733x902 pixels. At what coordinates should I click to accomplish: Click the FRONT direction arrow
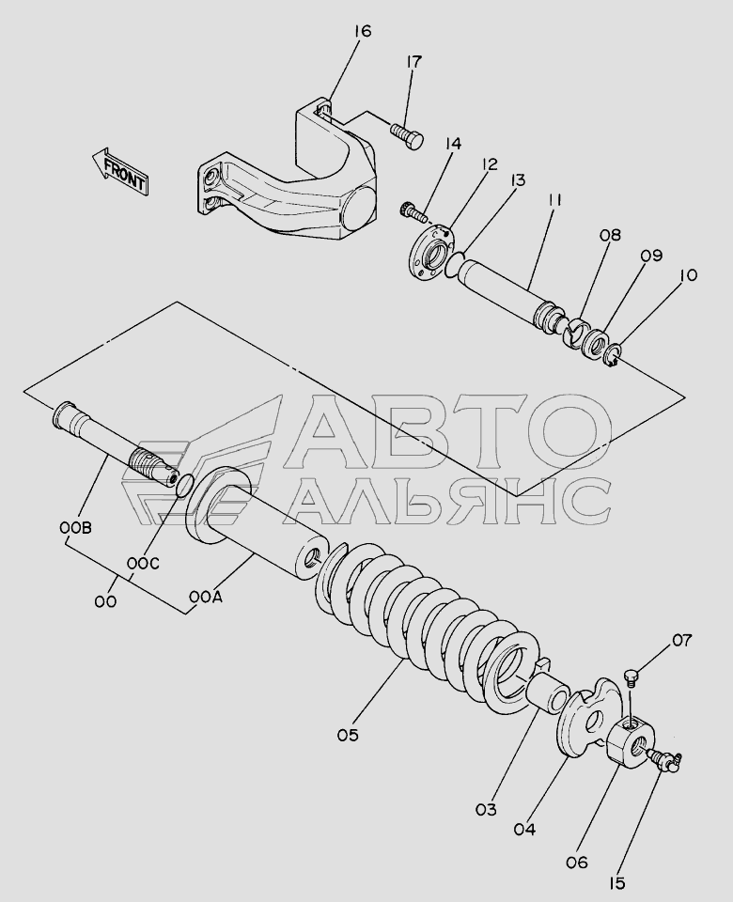pos(119,170)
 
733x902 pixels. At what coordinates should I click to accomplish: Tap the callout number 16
pos(362,30)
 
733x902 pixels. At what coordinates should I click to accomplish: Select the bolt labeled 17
pos(407,134)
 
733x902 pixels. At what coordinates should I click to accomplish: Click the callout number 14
pos(452,143)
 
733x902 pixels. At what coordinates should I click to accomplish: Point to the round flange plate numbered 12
pos(431,251)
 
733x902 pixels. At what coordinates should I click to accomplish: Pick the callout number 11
pos(554,200)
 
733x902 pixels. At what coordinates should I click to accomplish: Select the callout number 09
pos(651,255)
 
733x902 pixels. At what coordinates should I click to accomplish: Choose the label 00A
pos(205,599)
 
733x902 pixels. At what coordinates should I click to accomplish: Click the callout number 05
pos(348,735)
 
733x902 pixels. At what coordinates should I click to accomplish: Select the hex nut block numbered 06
pos(630,742)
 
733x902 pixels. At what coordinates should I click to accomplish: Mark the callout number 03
pos(486,809)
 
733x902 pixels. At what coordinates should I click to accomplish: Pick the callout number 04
pos(524,829)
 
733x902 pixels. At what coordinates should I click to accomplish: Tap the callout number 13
pos(517,180)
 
